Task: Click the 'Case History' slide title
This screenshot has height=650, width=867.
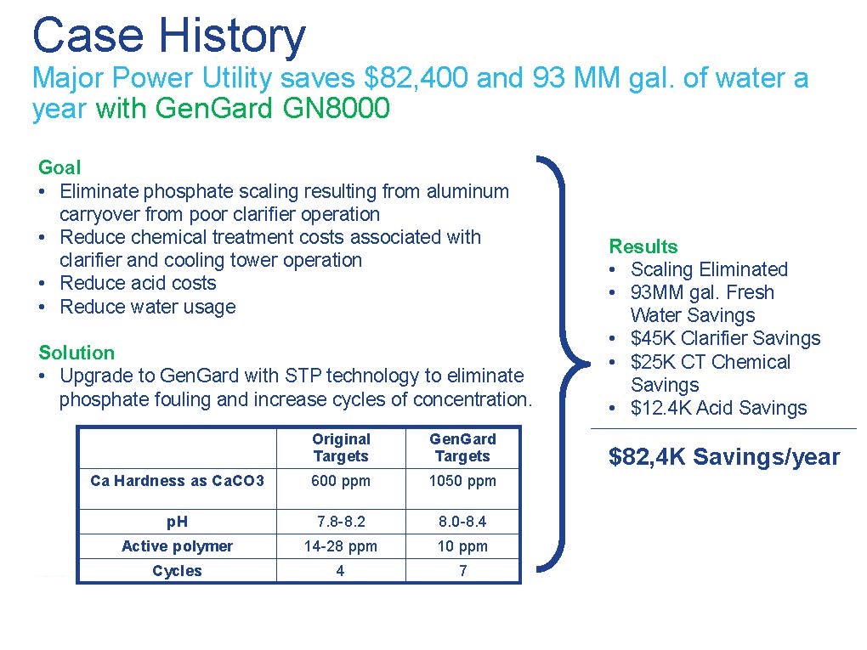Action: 168,36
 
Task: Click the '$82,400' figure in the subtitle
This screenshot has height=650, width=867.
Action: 416,78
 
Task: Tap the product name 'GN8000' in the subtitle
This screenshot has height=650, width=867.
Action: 337,107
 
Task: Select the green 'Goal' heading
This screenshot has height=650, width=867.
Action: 59,167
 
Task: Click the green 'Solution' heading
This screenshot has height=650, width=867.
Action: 76,352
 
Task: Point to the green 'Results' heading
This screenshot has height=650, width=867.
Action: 643,246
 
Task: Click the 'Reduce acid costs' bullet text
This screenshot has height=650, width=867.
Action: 138,283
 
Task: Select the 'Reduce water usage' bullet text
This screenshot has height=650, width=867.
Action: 148,306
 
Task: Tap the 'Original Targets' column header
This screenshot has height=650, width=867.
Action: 341,447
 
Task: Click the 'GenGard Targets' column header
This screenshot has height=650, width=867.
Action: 462,447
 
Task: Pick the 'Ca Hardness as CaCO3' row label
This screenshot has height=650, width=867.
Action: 177,480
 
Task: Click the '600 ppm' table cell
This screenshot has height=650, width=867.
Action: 341,481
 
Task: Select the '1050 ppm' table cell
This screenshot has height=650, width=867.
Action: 462,481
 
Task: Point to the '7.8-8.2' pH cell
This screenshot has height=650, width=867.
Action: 341,521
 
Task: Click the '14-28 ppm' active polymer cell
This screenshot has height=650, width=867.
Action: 341,546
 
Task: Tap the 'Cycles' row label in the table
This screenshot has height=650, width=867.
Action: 177,570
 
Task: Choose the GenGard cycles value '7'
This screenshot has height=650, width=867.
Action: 462,570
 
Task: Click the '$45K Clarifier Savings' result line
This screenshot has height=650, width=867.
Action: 725,337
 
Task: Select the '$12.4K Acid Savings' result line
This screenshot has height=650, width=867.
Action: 719,408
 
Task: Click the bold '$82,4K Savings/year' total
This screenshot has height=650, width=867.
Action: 724,456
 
